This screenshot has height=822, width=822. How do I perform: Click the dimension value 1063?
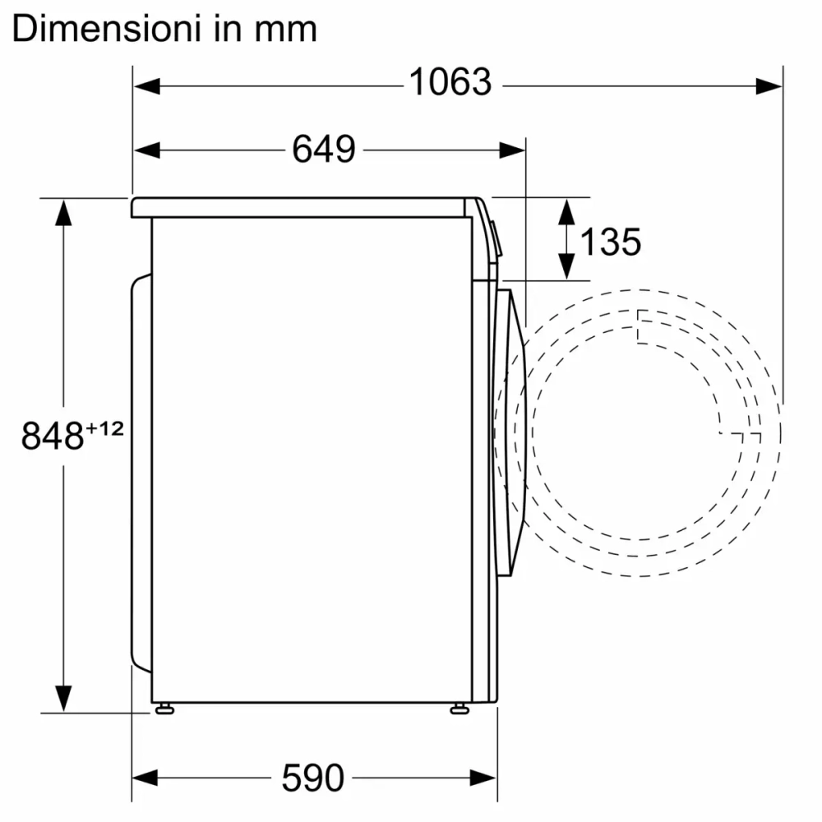450,83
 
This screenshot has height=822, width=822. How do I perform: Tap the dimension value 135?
610,242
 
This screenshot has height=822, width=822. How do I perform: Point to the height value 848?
53,436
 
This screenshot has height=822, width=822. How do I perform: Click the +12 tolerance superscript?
105,427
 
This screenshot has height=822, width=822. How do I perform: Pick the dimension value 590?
312,777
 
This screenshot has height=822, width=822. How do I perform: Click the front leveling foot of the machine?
459,708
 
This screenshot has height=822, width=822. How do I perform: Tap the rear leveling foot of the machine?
164,708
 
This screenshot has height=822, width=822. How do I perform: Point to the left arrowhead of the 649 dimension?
145,150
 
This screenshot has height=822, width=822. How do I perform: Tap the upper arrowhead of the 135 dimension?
566,210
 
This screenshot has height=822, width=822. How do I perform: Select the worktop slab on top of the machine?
304,207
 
